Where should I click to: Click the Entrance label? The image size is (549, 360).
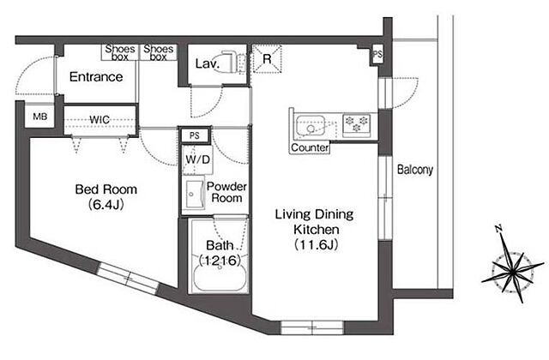(96, 76)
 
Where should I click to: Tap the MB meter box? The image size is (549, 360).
(40, 117)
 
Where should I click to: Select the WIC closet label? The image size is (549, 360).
(100, 119)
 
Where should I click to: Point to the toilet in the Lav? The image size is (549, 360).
(229, 63)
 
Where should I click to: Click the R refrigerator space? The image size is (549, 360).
(267, 58)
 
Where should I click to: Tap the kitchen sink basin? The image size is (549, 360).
(311, 126)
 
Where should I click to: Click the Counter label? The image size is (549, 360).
(310, 147)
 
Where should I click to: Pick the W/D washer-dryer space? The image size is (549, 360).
(197, 159)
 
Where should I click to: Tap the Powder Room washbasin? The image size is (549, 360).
(195, 195)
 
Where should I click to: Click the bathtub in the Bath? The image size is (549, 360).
(220, 278)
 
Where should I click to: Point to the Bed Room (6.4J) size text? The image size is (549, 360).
(106, 204)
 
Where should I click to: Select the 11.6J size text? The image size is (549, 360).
(317, 244)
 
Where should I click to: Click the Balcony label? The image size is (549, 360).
(415, 170)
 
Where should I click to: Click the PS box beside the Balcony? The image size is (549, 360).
(377, 55)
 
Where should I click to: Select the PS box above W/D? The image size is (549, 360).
(195, 135)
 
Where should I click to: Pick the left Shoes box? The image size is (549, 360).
(120, 52)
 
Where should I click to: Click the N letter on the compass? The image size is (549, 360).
(499, 229)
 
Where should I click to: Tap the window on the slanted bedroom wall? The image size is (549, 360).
(128, 278)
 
